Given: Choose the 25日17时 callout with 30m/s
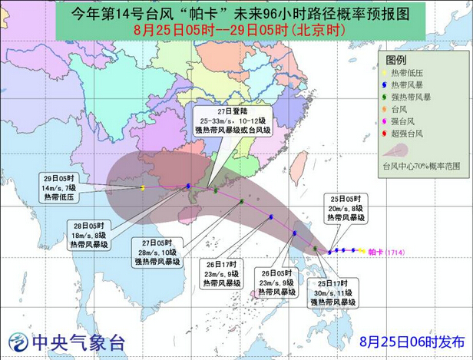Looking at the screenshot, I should (331, 292).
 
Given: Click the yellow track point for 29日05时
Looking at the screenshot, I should (144, 187).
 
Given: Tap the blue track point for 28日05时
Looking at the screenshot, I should (189, 186).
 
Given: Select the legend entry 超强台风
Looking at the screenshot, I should (411, 134).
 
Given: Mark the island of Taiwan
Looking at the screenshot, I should (300, 161).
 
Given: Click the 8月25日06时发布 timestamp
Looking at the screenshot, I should (412, 341).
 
